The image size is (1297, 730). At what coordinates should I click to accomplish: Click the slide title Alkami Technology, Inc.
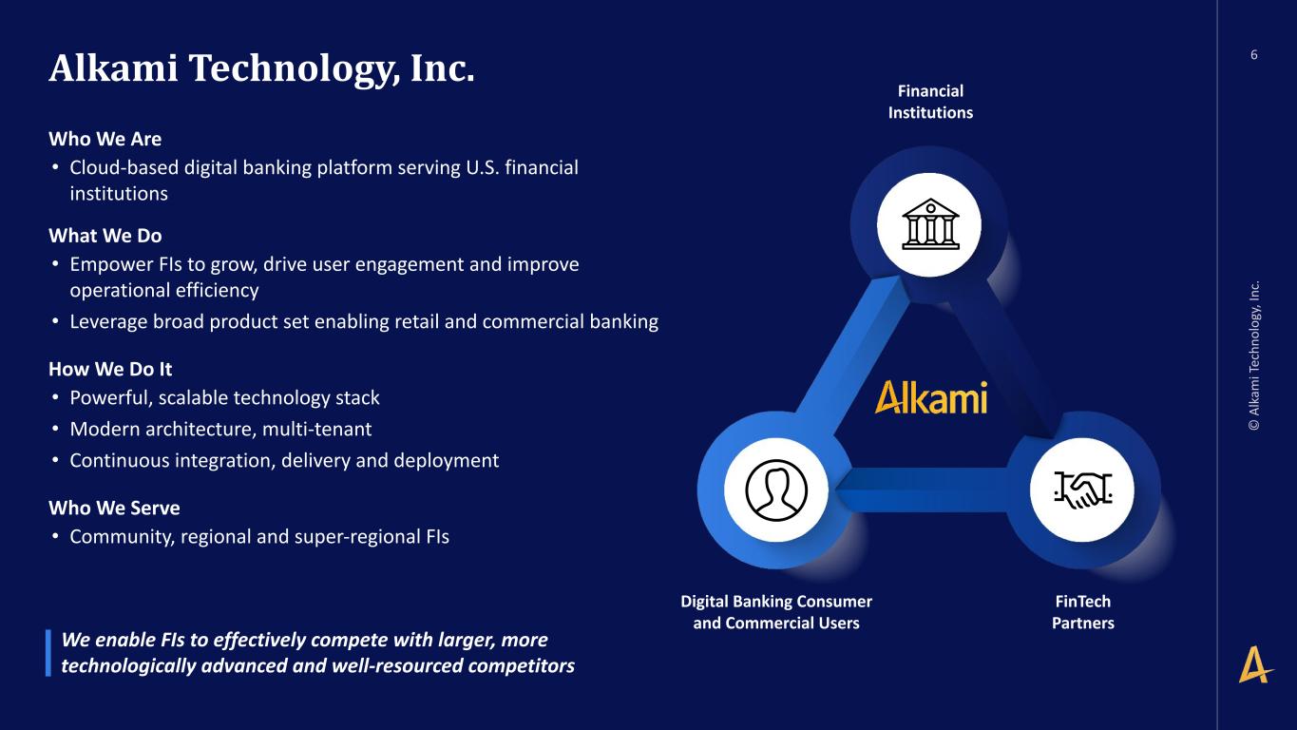pos(261,68)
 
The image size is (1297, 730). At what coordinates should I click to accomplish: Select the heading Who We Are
pos(105,139)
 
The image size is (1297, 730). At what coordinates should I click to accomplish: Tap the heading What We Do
pos(105,236)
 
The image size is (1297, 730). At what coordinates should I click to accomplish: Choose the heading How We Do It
pos(110,369)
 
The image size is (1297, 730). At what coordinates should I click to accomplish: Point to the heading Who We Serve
pos(114,509)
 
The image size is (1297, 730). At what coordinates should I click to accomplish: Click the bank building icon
pos(930,224)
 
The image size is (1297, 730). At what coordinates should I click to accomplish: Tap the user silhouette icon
pos(776,490)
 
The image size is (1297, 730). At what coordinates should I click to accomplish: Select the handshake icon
pos(1082,490)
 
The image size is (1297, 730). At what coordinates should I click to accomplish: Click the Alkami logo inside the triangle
pos(930,397)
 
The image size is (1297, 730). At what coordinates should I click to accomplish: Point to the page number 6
pos(1254,55)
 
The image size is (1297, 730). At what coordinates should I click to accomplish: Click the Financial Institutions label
pos(930,102)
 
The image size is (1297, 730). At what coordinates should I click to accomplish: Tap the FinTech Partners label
pos(1083,612)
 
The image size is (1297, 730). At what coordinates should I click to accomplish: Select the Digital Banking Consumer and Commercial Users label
pos(776,612)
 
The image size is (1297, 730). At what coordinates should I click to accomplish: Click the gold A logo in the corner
pos(1255,664)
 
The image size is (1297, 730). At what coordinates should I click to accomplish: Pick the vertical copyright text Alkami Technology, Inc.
pos(1254,355)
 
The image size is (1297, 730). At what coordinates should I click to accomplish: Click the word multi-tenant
pos(316,430)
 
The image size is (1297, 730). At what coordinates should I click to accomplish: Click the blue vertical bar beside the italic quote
pos(48,653)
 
